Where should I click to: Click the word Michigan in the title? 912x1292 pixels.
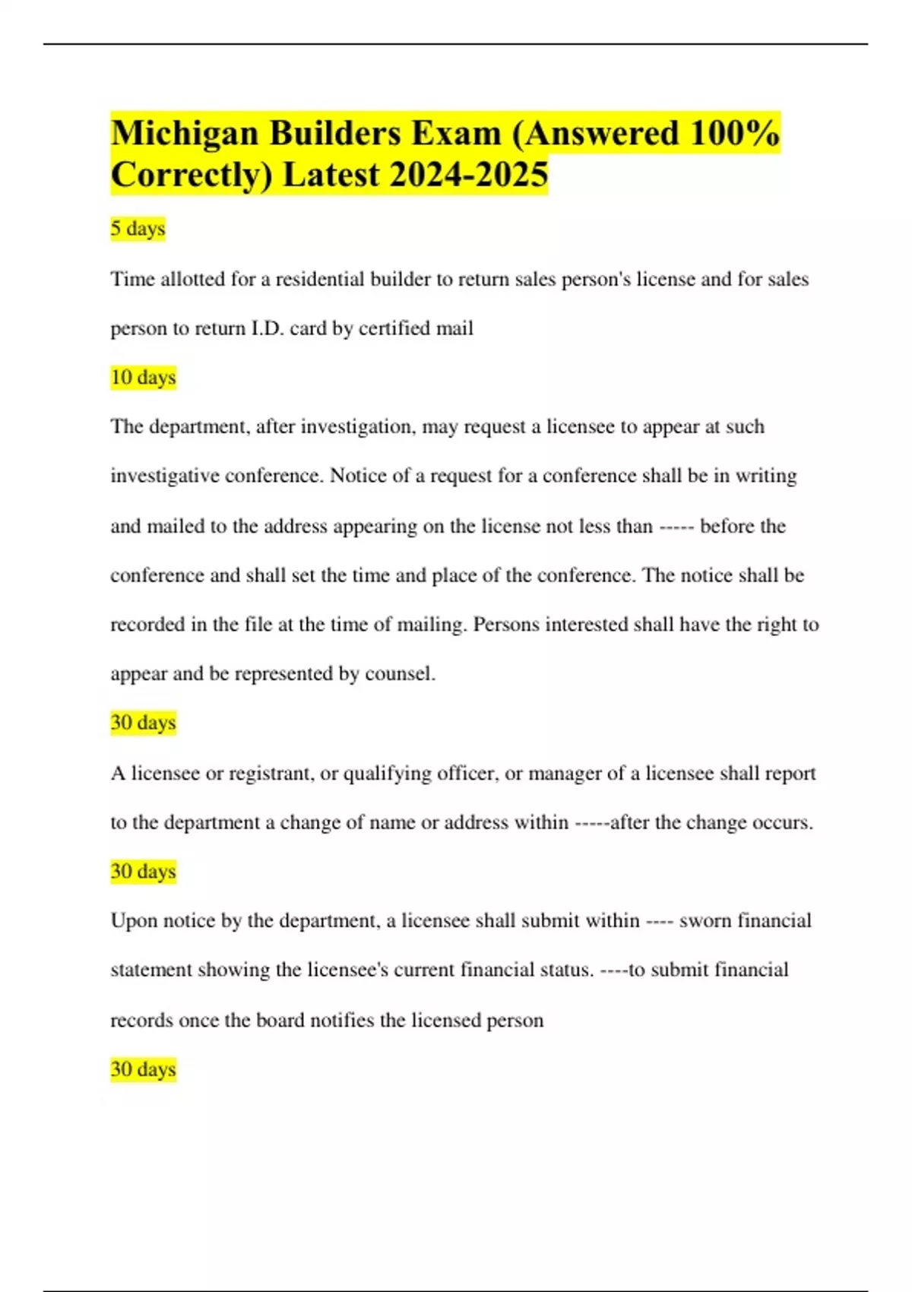pyautogui.click(x=184, y=134)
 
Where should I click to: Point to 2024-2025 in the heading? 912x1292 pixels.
pyautogui.click(x=468, y=175)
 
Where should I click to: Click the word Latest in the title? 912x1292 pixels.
pyautogui.click(x=331, y=175)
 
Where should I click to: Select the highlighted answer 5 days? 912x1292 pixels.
pyautogui.click(x=138, y=228)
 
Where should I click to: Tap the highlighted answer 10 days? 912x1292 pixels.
pyautogui.click(x=143, y=377)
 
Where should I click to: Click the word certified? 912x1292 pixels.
pyautogui.click(x=394, y=328)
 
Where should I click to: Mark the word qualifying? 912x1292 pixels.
pyautogui.click(x=387, y=773)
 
